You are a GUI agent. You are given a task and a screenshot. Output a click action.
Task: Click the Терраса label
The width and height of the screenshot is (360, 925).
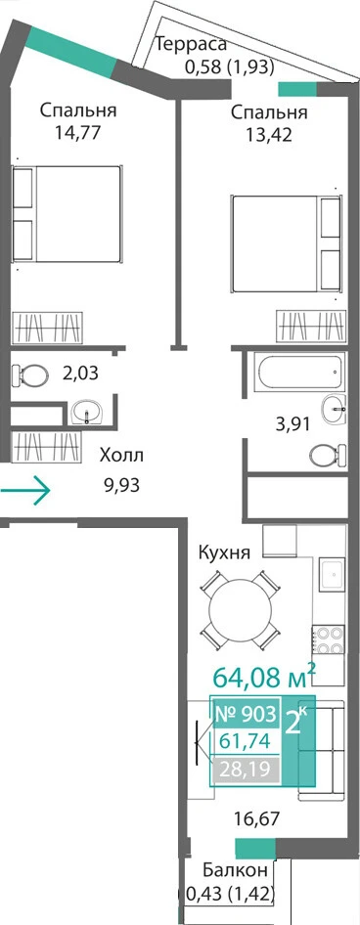[x=190, y=46]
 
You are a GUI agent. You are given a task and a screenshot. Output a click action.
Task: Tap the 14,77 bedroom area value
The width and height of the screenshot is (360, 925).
[x=77, y=131]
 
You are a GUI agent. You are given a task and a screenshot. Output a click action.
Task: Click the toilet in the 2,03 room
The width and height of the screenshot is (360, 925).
[x=29, y=374]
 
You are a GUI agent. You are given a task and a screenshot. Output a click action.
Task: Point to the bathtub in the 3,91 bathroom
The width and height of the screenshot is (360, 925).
[x=297, y=373]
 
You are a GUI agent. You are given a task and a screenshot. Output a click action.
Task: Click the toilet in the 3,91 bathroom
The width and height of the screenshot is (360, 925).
[x=328, y=455]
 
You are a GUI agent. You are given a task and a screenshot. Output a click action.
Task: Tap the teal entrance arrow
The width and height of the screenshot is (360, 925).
[x=25, y=489]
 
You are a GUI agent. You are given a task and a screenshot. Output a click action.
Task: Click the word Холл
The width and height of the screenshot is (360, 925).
[x=121, y=457]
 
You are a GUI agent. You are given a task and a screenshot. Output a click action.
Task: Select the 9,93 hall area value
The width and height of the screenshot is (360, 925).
[x=122, y=486]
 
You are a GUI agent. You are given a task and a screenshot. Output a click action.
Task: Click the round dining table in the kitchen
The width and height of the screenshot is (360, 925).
[x=238, y=609]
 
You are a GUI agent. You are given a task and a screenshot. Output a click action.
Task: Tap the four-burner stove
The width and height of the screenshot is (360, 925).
[x=328, y=640]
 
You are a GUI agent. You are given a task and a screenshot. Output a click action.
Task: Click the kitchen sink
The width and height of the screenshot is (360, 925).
[x=333, y=573]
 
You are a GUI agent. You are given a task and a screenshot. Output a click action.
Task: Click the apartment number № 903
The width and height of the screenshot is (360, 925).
[x=245, y=715]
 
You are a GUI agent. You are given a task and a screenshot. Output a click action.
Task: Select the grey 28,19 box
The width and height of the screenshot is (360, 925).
[x=246, y=769]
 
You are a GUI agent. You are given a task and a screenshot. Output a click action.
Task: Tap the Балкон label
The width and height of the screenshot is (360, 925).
[x=236, y=870]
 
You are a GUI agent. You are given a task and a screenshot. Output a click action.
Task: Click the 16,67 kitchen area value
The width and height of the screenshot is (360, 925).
[x=255, y=818]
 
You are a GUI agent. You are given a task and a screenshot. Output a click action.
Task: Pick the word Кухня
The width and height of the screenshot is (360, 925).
[x=225, y=553]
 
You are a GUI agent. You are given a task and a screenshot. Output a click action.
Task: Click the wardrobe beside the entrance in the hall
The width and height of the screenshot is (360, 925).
[x=46, y=446]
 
